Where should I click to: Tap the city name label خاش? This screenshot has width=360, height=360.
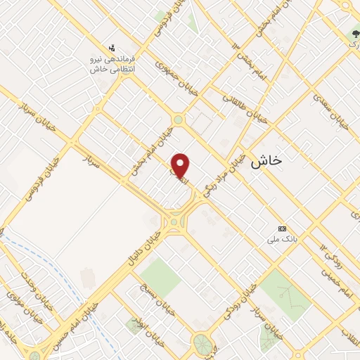coord(266,160)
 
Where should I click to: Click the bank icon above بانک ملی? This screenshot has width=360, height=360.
coord(283,229)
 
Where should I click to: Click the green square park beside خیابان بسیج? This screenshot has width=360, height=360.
coord(161,275)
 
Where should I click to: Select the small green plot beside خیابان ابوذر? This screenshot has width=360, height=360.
coord(134,324)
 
